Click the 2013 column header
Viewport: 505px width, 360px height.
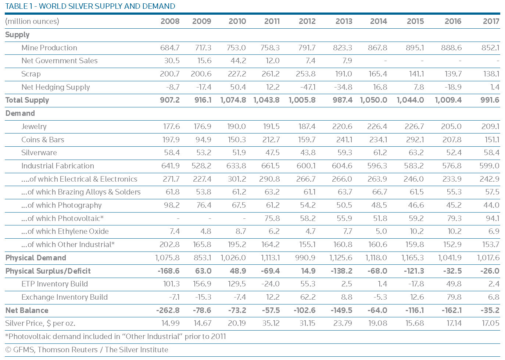click(x=344, y=21)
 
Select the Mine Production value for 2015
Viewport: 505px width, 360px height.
click(x=415, y=47)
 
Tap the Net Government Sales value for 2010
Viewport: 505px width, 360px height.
click(x=238, y=61)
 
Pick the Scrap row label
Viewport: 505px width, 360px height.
click(x=31, y=74)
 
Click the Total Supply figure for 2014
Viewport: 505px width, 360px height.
click(x=373, y=100)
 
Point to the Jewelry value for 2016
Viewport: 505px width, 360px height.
click(x=451, y=126)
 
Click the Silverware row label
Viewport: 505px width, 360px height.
click(x=39, y=153)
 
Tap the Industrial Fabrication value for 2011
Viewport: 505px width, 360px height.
click(x=270, y=166)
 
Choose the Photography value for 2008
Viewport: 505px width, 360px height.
click(x=172, y=205)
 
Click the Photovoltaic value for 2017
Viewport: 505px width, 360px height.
click(x=492, y=218)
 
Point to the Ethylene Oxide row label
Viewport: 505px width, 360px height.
click(x=65, y=231)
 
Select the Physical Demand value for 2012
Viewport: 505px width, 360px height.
click(x=305, y=258)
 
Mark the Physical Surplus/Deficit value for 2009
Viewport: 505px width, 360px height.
click(x=203, y=271)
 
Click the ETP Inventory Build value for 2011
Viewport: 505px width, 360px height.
click(x=270, y=284)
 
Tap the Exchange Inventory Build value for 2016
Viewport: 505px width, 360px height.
click(x=454, y=297)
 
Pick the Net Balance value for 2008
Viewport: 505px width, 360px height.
click(x=168, y=310)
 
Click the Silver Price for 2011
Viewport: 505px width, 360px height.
click(x=271, y=323)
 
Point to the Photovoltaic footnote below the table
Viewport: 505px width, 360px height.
click(x=115, y=336)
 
